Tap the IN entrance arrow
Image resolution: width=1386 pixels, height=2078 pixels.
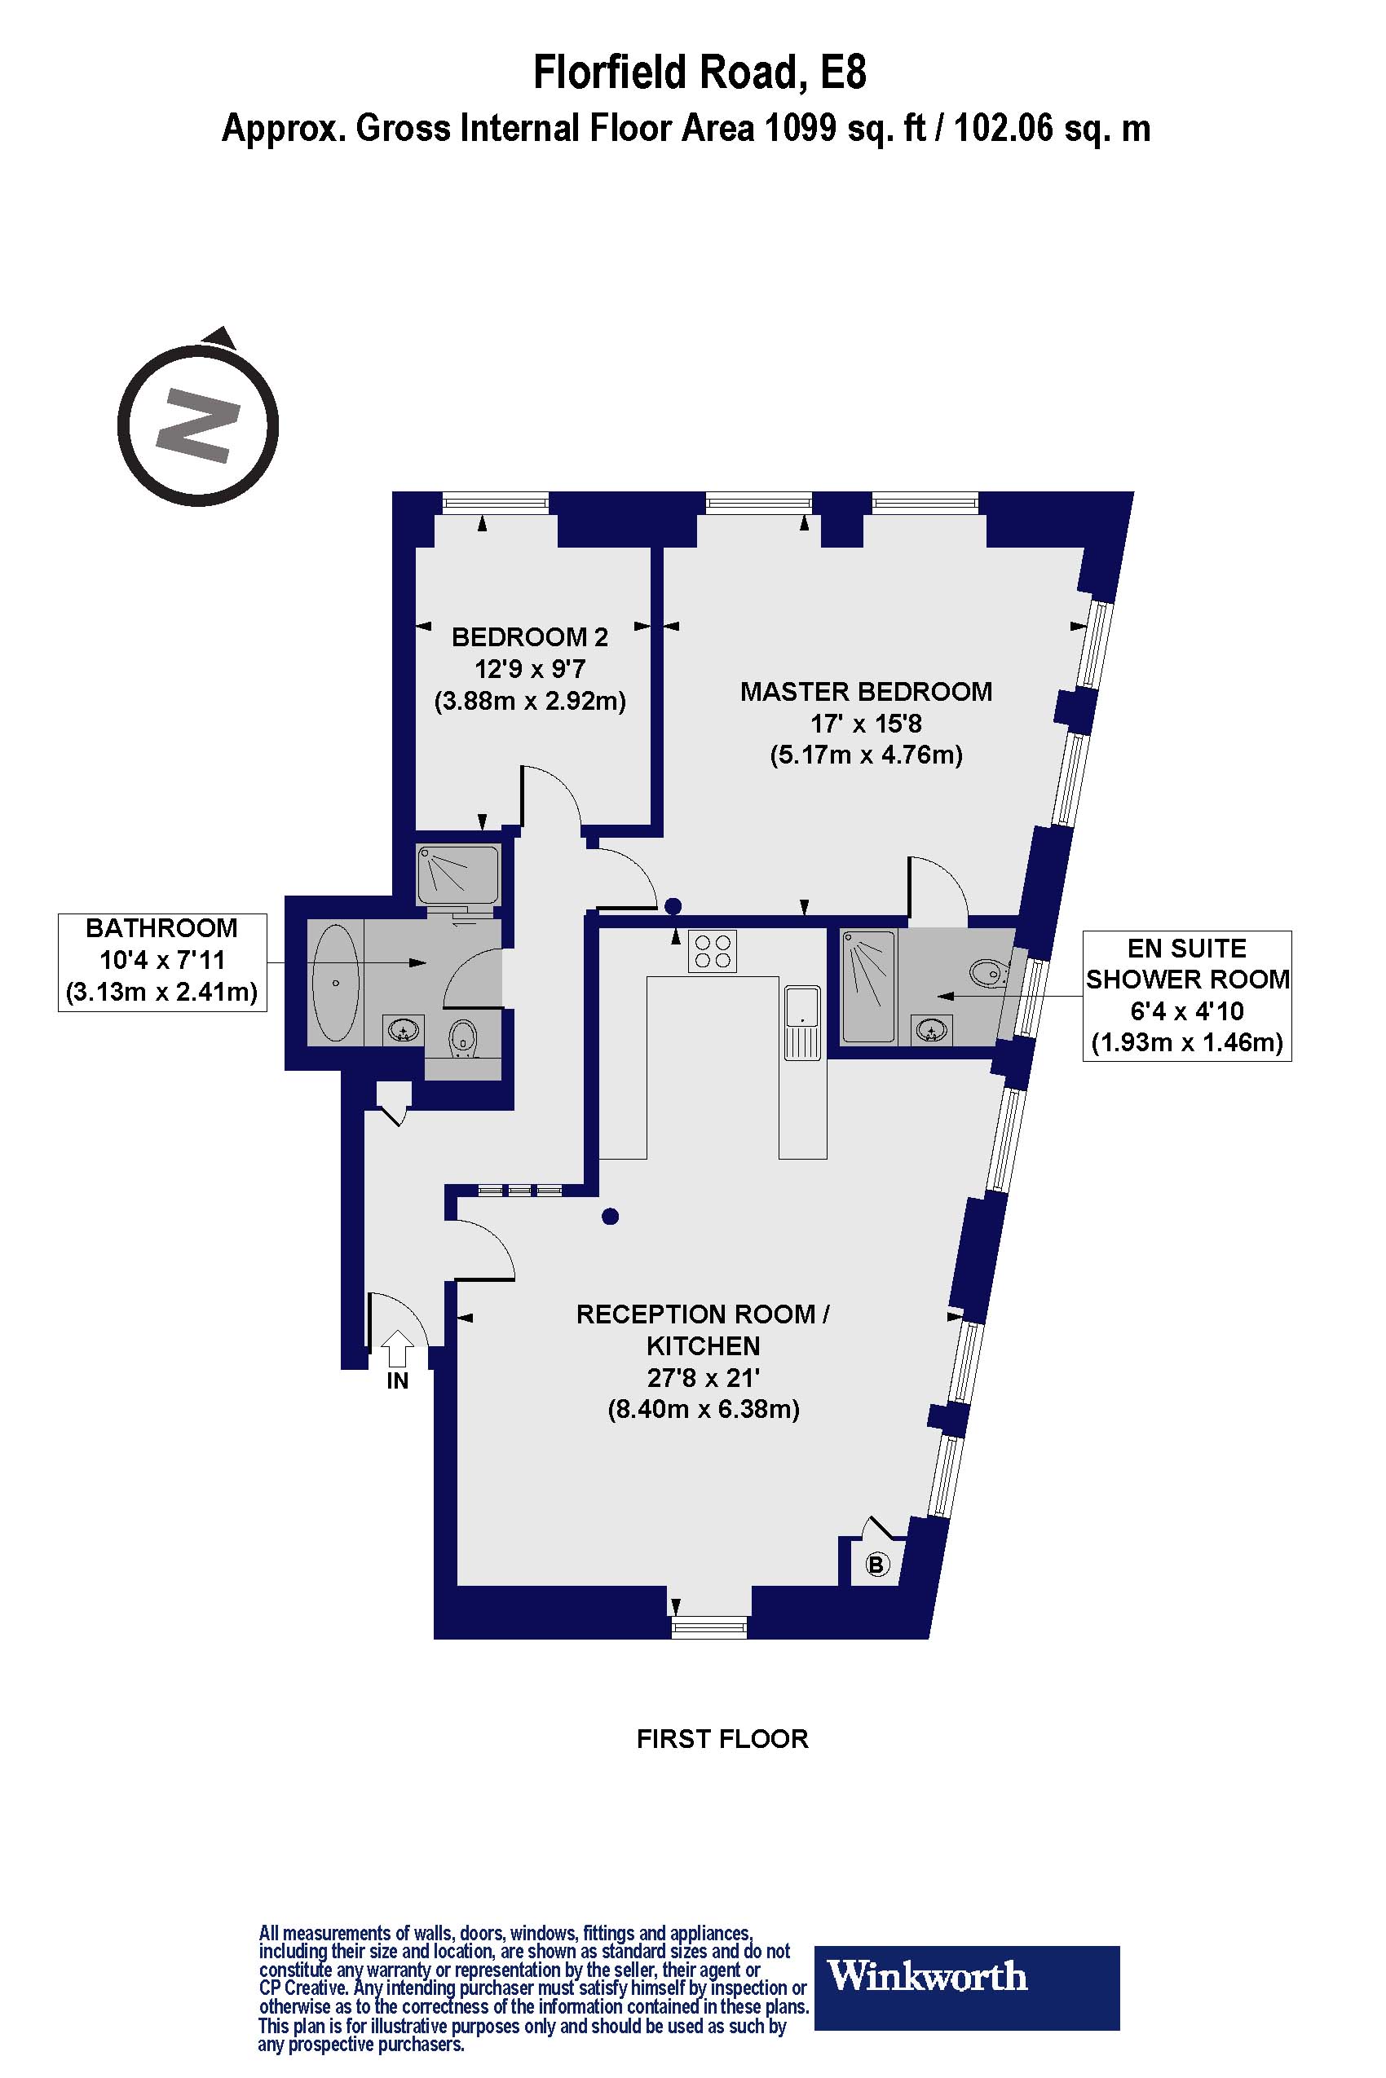(397, 1348)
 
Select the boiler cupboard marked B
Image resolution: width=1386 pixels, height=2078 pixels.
(876, 1565)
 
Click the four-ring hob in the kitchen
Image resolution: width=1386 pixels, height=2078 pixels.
(713, 951)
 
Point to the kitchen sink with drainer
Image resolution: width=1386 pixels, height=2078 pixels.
(802, 1022)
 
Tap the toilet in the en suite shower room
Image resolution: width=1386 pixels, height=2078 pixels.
(988, 974)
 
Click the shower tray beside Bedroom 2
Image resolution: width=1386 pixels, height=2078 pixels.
(459, 874)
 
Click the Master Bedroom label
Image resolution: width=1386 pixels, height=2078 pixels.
(865, 691)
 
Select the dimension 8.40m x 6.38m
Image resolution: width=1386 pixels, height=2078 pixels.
(703, 1408)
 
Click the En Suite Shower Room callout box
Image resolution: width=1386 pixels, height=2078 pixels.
(1186, 995)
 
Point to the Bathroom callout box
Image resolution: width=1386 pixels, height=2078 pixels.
(161, 962)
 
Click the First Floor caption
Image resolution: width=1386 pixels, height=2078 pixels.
(722, 1738)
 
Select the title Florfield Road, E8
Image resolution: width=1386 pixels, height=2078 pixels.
(700, 73)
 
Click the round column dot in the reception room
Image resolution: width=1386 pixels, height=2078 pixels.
(610, 1217)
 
